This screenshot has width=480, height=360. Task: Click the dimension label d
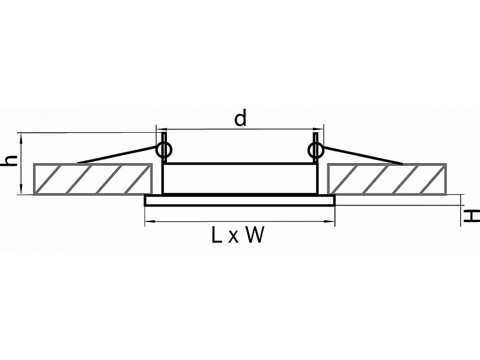click(x=241, y=118)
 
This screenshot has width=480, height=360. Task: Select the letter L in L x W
click(x=216, y=235)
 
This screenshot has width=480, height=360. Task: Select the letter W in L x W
click(x=254, y=235)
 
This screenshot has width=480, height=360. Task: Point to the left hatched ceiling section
click(x=91, y=179)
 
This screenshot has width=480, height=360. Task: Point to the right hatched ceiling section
click(x=387, y=179)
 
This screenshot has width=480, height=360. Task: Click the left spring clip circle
click(x=164, y=150)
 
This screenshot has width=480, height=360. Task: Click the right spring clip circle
click(x=315, y=150)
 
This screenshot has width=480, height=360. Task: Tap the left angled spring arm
click(x=117, y=154)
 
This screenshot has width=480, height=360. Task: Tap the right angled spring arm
click(x=363, y=154)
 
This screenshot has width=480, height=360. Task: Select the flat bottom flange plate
click(x=240, y=201)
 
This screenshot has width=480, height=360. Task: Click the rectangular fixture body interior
click(x=240, y=179)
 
